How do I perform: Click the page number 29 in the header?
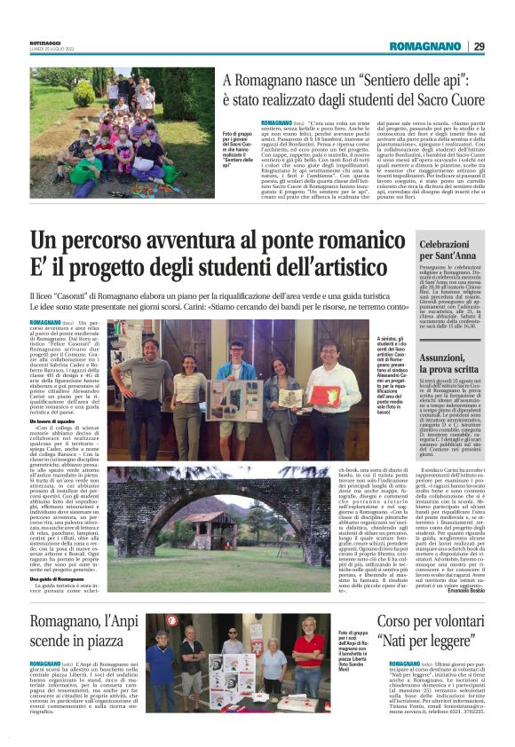tap(479, 46)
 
